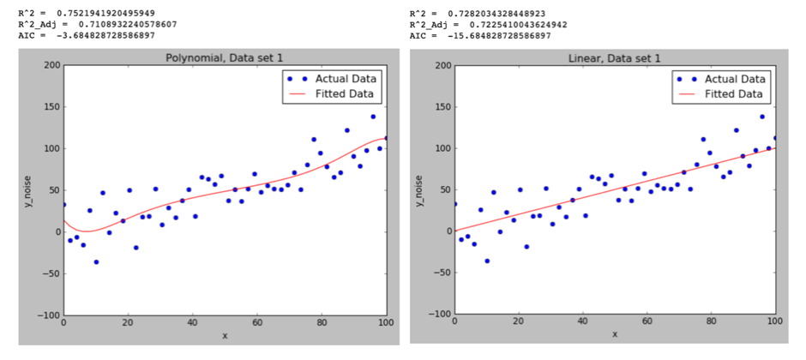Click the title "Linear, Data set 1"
coord(614,58)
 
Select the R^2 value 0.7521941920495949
coord(107,13)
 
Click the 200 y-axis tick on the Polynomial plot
coord(50,65)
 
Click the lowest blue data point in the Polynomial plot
coord(96,261)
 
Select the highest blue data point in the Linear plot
coord(761,117)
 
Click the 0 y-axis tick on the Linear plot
coord(445,231)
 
